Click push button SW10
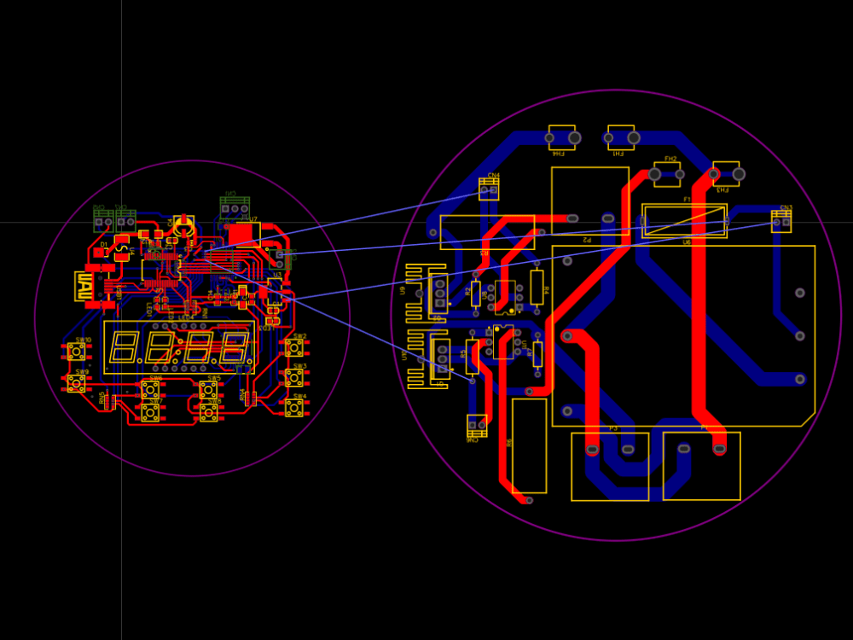click(77, 351)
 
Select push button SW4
click(294, 408)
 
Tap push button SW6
click(150, 390)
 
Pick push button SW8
click(208, 412)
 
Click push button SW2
click(294, 347)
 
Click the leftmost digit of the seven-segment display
click(123, 346)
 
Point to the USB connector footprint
click(85, 285)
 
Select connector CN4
click(489, 190)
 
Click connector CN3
click(780, 221)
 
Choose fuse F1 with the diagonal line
click(683, 221)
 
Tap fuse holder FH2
click(667, 174)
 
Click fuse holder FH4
click(561, 137)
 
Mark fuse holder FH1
click(621, 137)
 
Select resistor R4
click(537, 287)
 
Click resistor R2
click(476, 291)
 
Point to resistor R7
click(537, 352)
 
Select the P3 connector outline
click(610, 466)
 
